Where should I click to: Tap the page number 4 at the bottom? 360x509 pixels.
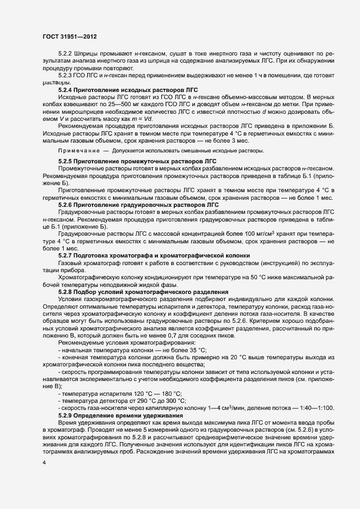[x=44, y=462]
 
